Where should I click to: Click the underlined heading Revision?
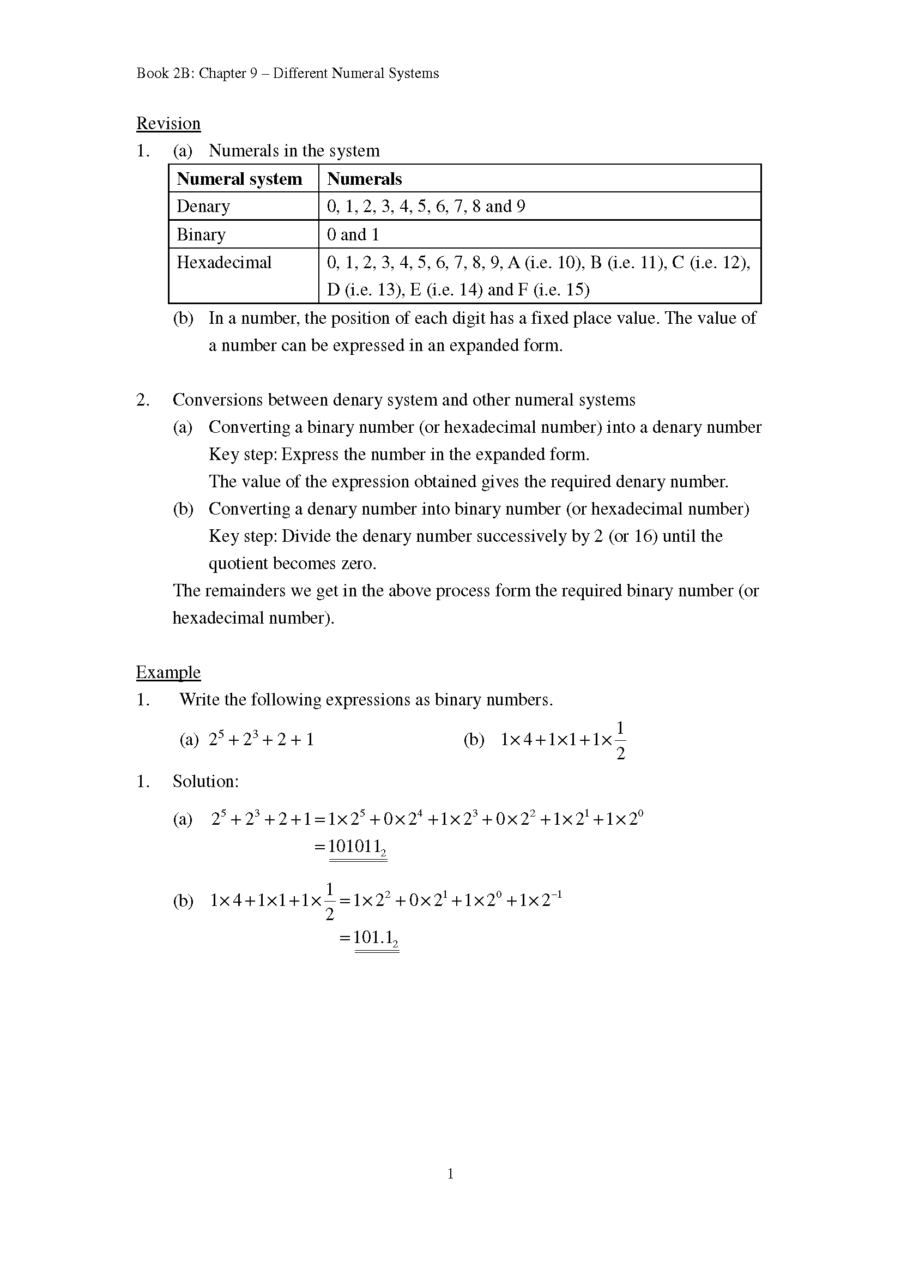pos(168,123)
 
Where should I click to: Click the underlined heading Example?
pos(168,673)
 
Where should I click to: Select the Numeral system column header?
pos(239,179)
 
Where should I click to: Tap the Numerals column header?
pos(364,179)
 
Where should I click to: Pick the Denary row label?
pos(203,207)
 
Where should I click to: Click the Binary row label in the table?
pos(201,234)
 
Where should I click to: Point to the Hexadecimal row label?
pos(223,262)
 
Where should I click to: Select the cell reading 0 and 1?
pos(353,234)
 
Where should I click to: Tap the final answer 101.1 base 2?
pos(376,938)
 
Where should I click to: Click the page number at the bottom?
pos(450,1174)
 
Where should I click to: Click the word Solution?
pos(205,781)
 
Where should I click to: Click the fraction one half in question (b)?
pos(621,740)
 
